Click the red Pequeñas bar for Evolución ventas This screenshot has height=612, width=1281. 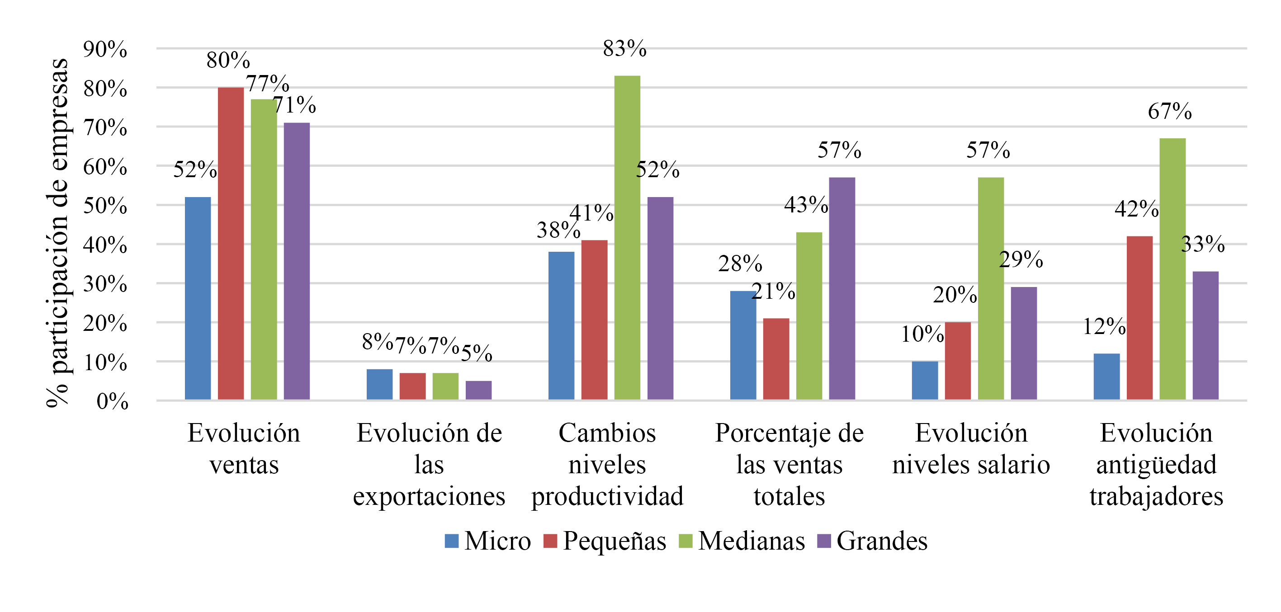231,244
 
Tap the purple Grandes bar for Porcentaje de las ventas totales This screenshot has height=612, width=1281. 842,288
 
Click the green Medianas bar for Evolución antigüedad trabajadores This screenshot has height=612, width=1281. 1172,269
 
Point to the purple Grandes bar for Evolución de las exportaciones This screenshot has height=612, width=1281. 478,390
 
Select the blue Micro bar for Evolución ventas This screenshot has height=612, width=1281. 198,298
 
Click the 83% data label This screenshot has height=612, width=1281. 624,49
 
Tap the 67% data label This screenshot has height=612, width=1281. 1170,111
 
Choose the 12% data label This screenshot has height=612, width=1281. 1104,327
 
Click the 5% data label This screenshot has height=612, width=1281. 477,353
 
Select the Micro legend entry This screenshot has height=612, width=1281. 488,541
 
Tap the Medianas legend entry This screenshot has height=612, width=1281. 742,541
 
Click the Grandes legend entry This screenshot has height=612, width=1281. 873,541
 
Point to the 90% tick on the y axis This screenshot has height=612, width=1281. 105,50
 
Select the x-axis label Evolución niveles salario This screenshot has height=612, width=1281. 971,448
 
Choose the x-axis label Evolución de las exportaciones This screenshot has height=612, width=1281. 429,464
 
